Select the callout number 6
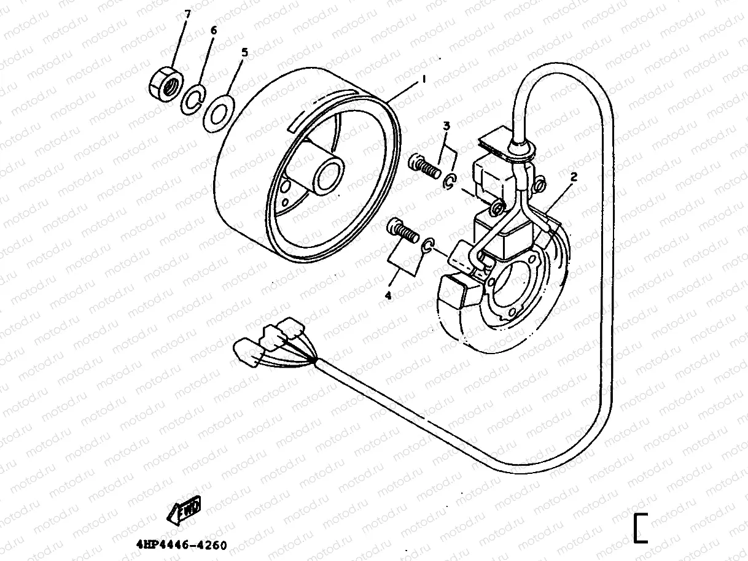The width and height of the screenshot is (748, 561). click(x=213, y=31)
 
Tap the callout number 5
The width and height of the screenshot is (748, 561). click(x=244, y=53)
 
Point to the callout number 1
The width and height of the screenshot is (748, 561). click(x=422, y=79)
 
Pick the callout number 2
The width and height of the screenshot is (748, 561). click(x=573, y=177)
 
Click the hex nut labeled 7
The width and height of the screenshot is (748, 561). click(x=164, y=83)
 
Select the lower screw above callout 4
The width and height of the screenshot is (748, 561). click(x=403, y=233)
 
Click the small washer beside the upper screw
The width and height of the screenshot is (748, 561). click(x=450, y=180)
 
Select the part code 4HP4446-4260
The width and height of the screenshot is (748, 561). click(x=181, y=545)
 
